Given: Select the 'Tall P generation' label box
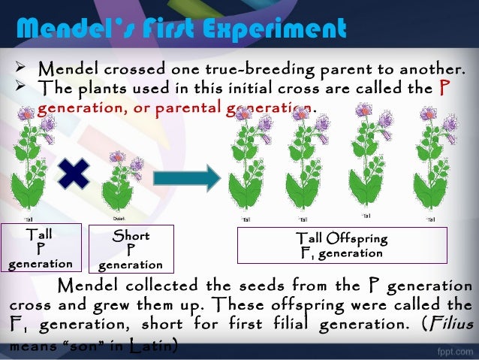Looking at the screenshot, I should pyautogui.click(x=40, y=248).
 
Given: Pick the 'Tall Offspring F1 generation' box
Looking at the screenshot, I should pyautogui.click(x=342, y=246).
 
